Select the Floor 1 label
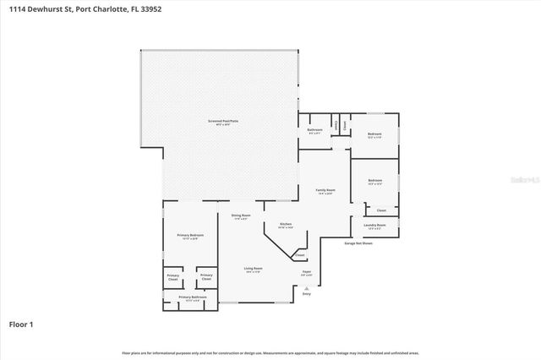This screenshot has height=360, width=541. (20, 324)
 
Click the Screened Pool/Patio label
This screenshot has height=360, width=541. (220, 123)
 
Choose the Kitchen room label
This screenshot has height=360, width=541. (287, 224)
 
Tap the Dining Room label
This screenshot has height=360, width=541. (241, 216)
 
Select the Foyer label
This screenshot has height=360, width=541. (307, 273)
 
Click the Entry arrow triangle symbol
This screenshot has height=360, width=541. (307, 287)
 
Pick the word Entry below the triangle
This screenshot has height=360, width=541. (307, 294)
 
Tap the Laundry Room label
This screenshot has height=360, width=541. (375, 226)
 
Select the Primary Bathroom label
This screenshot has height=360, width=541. (192, 297)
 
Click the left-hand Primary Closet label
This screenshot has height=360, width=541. (173, 278)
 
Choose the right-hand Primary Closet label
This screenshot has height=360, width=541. (205, 277)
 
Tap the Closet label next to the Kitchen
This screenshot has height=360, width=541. (300, 255)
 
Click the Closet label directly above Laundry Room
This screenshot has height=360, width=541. (381, 210)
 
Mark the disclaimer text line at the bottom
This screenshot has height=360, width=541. (270, 352)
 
